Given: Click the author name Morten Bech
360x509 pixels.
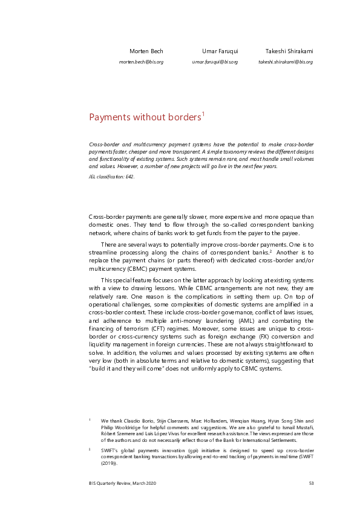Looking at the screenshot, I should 146,51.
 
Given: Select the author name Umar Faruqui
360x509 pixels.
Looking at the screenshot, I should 220,51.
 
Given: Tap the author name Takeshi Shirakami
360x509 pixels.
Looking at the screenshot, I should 289,51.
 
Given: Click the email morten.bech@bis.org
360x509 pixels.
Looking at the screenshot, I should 141,62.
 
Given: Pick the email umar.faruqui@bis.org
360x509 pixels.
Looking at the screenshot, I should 215,62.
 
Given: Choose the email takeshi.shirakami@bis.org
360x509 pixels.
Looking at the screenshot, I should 286,62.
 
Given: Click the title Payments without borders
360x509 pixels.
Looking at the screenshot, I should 145,117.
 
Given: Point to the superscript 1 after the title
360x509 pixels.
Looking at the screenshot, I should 204,113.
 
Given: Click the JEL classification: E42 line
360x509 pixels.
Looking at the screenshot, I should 112,177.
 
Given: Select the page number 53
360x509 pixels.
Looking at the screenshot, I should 311,482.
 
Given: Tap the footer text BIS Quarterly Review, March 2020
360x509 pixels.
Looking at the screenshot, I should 126,482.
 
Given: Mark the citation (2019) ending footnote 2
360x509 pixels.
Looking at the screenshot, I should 109,464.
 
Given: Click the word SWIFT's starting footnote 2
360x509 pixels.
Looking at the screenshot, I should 110,452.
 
